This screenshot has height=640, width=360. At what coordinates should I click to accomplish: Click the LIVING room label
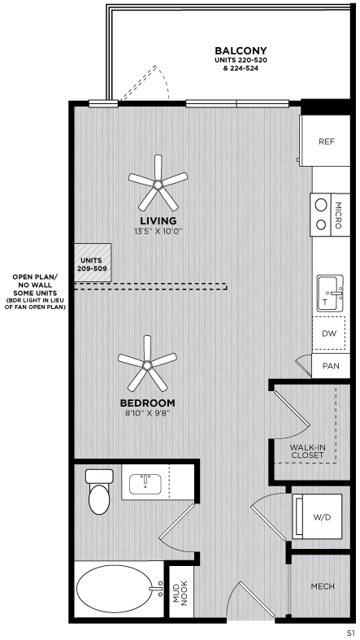[158, 220]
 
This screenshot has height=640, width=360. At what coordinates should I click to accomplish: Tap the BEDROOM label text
[147, 403]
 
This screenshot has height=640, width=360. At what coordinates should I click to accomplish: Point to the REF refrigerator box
[326, 141]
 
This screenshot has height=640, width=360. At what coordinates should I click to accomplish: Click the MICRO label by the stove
[338, 212]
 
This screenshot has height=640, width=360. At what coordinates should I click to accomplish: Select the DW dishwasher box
[328, 333]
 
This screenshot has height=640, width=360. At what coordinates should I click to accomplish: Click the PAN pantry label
[331, 367]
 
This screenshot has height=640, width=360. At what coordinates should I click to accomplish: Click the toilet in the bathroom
[98, 491]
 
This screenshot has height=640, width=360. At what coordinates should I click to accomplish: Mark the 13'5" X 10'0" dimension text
[158, 231]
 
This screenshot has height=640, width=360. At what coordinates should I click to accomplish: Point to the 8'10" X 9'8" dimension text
[147, 413]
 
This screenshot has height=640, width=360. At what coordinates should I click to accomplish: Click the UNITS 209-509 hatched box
[92, 263]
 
